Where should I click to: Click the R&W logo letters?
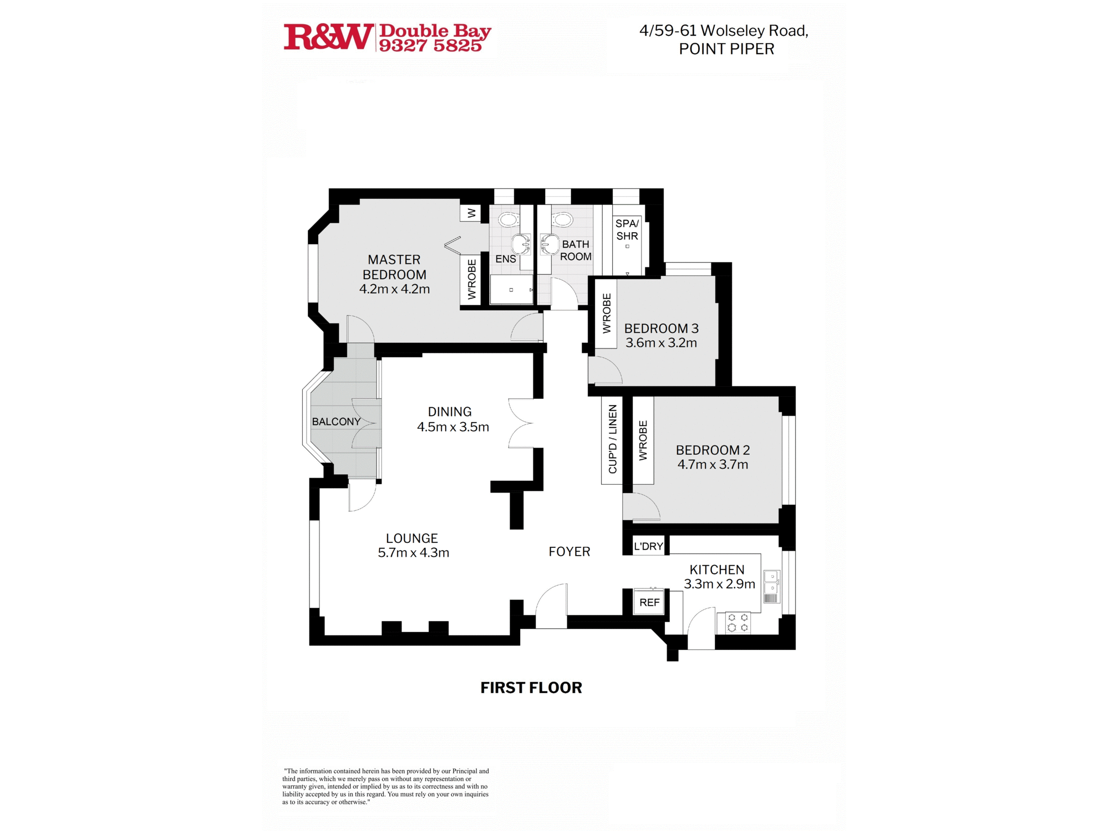(329, 37)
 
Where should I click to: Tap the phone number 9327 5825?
(430, 45)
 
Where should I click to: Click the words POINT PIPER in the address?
(726, 49)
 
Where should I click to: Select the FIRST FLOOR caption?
(531, 688)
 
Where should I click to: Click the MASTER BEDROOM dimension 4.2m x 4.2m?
(394, 289)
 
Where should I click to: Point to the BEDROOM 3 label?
(661, 329)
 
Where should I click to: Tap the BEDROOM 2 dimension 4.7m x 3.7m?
(713, 464)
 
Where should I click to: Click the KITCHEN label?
(717, 570)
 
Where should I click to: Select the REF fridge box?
(649, 602)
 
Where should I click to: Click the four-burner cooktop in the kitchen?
(737, 623)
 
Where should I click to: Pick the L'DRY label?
(648, 546)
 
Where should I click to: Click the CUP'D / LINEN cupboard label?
(612, 439)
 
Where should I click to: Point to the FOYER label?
(569, 552)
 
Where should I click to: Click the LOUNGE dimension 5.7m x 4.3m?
(413, 552)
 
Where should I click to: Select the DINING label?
(450, 412)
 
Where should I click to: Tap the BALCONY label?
(336, 422)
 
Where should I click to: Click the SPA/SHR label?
(627, 229)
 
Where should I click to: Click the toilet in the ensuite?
(508, 219)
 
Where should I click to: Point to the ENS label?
(505, 259)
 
